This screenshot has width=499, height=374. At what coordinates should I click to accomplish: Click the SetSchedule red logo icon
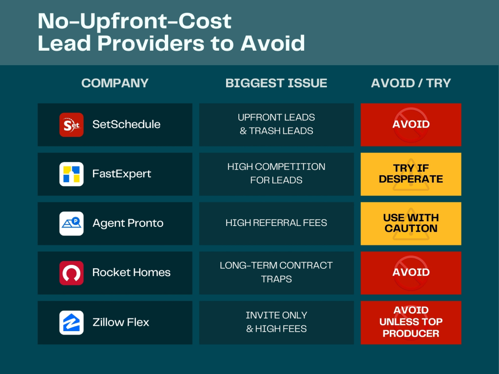click(71, 125)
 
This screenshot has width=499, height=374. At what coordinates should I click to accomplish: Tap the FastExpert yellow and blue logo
click(71, 174)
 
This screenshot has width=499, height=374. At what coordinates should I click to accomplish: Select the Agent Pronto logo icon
click(71, 224)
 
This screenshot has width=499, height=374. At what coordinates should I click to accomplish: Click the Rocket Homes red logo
click(71, 273)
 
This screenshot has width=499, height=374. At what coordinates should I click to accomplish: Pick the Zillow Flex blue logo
click(71, 322)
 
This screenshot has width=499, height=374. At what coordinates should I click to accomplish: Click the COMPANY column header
click(115, 83)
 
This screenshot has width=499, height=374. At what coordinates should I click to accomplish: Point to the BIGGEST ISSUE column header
click(276, 83)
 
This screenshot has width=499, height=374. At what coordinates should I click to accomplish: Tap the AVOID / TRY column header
click(411, 83)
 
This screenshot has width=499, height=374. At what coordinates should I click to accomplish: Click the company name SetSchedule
click(126, 124)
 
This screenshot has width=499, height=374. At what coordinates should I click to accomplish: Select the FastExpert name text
click(121, 174)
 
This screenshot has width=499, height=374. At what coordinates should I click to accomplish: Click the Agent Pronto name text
click(128, 223)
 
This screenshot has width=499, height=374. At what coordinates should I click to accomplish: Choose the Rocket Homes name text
click(132, 272)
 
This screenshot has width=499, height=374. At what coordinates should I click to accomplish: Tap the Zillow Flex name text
click(121, 322)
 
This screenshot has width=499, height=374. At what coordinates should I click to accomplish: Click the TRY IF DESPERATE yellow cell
click(411, 174)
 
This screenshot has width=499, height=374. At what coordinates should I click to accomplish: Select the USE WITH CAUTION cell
click(411, 224)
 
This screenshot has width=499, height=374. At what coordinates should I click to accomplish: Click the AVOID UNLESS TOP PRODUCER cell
click(411, 322)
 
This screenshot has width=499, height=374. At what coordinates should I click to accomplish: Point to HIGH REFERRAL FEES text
click(276, 223)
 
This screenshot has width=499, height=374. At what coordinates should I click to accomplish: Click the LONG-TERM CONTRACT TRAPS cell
click(276, 273)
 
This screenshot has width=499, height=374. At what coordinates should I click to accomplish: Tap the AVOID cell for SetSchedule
click(411, 125)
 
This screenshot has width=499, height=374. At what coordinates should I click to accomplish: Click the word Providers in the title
click(152, 43)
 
